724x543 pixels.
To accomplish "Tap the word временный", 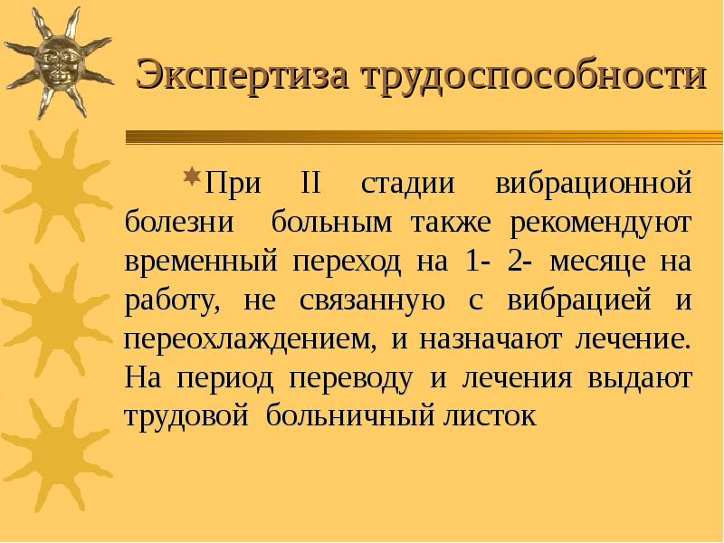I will click(x=200, y=262).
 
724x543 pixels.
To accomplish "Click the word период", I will click(x=226, y=379).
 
